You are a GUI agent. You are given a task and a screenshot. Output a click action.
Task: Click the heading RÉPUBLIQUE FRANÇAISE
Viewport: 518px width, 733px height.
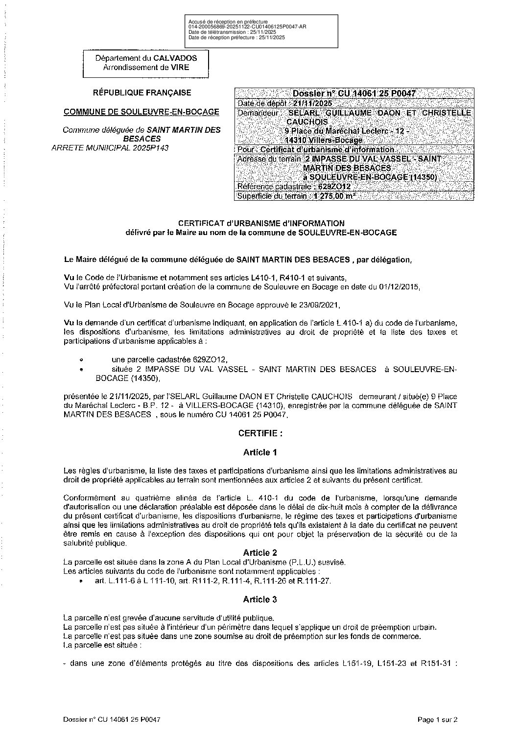coord(136,93)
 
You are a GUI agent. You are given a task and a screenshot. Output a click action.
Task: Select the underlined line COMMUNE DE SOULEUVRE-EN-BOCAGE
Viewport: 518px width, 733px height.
coord(141,112)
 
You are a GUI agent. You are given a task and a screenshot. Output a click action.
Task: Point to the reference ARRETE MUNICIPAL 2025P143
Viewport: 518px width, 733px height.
coord(110,148)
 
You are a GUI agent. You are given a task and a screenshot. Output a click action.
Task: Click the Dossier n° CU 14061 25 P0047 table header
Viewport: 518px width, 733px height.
coord(354,94)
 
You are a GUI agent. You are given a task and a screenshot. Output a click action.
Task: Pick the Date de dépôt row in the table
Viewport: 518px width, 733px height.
coord(284,103)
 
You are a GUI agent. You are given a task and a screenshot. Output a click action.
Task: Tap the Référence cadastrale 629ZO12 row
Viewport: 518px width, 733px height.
coord(293,186)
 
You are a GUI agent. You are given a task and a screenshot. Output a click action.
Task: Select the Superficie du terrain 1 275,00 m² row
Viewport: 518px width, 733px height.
coord(296,196)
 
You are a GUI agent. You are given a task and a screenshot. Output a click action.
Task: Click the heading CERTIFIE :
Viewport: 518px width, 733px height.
coord(260,433)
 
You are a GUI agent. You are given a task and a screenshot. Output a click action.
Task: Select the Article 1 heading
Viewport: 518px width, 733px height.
coord(260,452)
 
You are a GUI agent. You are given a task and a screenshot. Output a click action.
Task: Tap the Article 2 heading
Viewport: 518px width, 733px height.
coord(260,552)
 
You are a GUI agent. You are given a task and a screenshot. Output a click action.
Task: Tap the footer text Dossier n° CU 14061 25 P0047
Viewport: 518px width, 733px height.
coord(112,719)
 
